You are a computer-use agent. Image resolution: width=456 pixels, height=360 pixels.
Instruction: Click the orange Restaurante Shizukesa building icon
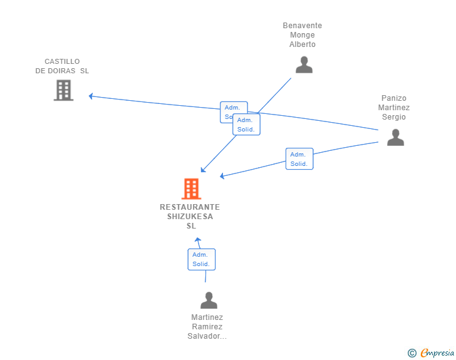[191, 188]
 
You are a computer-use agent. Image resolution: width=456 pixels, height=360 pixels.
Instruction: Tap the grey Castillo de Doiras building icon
[63, 90]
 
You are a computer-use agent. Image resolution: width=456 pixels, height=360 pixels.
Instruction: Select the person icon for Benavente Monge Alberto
[304, 65]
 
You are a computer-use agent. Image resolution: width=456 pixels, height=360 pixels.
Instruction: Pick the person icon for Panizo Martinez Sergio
[395, 137]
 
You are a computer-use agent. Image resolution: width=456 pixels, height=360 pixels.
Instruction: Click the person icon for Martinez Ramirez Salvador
[209, 301]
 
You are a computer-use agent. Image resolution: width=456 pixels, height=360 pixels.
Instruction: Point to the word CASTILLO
[62, 61]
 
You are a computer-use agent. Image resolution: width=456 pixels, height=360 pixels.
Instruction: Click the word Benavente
[303, 26]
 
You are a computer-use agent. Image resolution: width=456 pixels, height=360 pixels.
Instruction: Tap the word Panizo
[394, 98]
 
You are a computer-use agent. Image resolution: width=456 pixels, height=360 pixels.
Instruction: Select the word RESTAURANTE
[190, 207]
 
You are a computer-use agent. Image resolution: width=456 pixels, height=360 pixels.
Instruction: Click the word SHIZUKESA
[190, 217]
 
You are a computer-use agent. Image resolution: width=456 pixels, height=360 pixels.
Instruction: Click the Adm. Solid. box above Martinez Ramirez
[201, 259]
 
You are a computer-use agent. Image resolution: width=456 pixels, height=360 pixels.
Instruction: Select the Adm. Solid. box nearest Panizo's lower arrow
[299, 159]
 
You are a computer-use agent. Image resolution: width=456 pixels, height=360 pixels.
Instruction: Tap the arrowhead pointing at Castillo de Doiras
[91, 96]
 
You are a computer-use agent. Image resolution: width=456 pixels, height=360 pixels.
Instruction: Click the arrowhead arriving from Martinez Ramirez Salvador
[198, 239]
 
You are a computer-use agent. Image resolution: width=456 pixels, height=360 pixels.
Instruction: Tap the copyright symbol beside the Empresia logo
[412, 353]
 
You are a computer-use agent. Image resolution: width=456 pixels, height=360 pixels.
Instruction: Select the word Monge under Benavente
[303, 35]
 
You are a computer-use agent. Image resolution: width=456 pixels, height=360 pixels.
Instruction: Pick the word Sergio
[394, 117]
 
